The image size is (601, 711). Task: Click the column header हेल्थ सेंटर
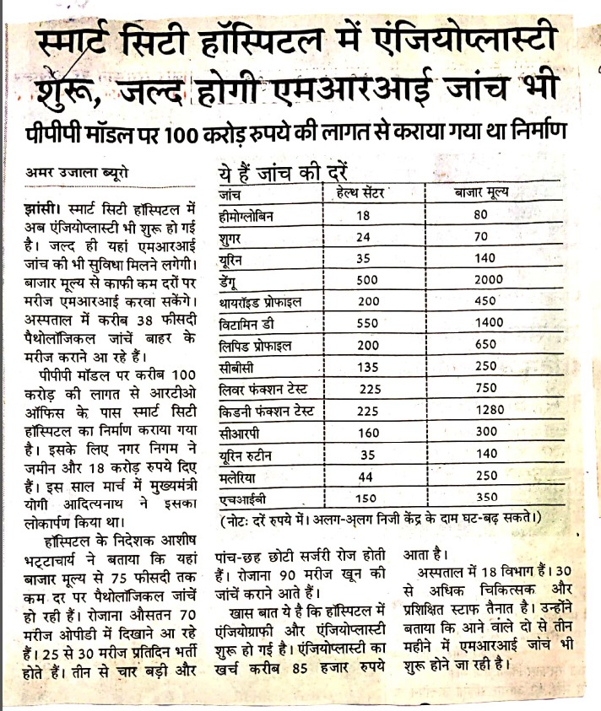click(x=358, y=195)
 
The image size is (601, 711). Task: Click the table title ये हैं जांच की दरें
click(x=282, y=175)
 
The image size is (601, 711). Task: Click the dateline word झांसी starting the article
click(x=41, y=207)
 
